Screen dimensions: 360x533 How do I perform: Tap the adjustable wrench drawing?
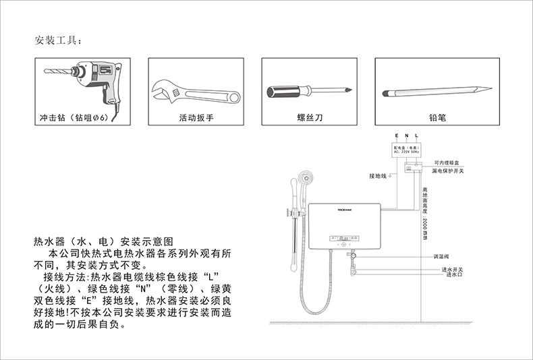point(196,89)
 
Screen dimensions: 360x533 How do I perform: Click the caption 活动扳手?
point(196,118)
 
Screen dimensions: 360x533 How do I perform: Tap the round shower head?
point(305,179)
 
